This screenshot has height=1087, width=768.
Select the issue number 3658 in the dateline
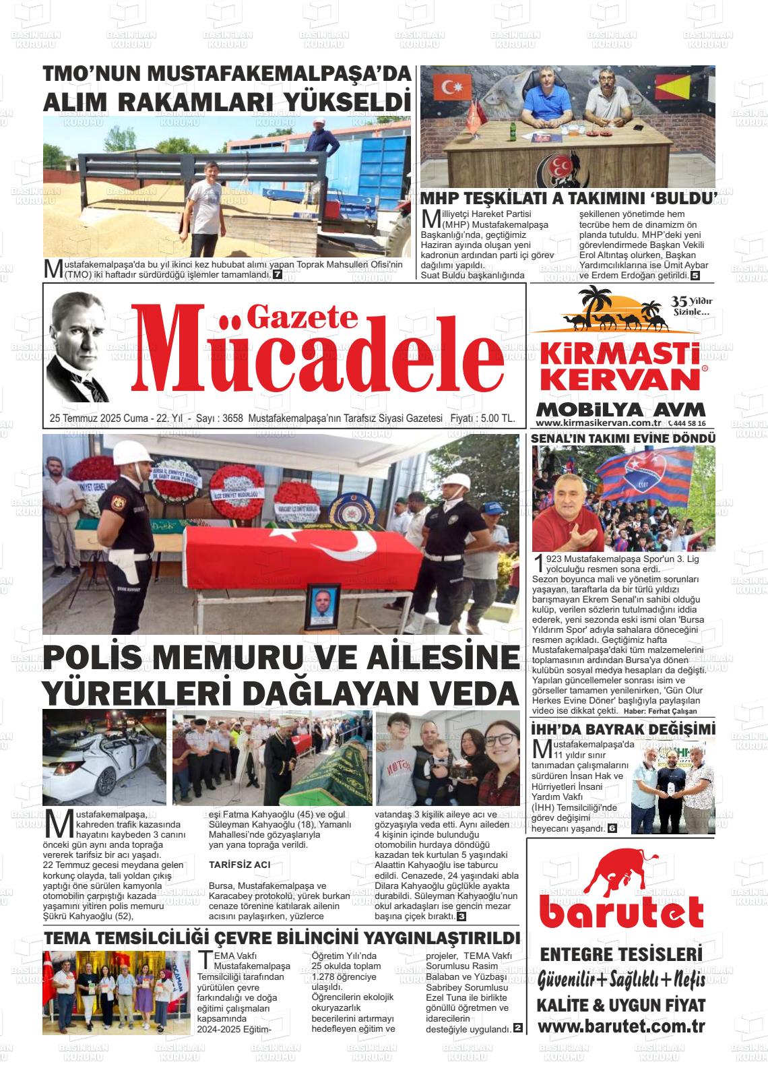click(x=230, y=418)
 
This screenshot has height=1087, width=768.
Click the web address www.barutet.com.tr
click(x=621, y=1026)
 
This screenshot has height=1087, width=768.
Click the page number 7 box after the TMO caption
click(x=278, y=275)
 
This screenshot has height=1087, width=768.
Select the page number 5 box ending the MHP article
click(x=695, y=276)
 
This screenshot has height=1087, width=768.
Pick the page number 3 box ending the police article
click(x=461, y=917)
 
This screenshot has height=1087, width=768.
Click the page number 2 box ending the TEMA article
click(x=517, y=1029)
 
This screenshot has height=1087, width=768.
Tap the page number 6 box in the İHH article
click(x=612, y=828)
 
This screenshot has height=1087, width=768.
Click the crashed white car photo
click(x=104, y=757)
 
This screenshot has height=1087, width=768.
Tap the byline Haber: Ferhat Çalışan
click(x=660, y=712)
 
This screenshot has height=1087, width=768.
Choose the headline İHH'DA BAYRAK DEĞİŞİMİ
click(x=622, y=730)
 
